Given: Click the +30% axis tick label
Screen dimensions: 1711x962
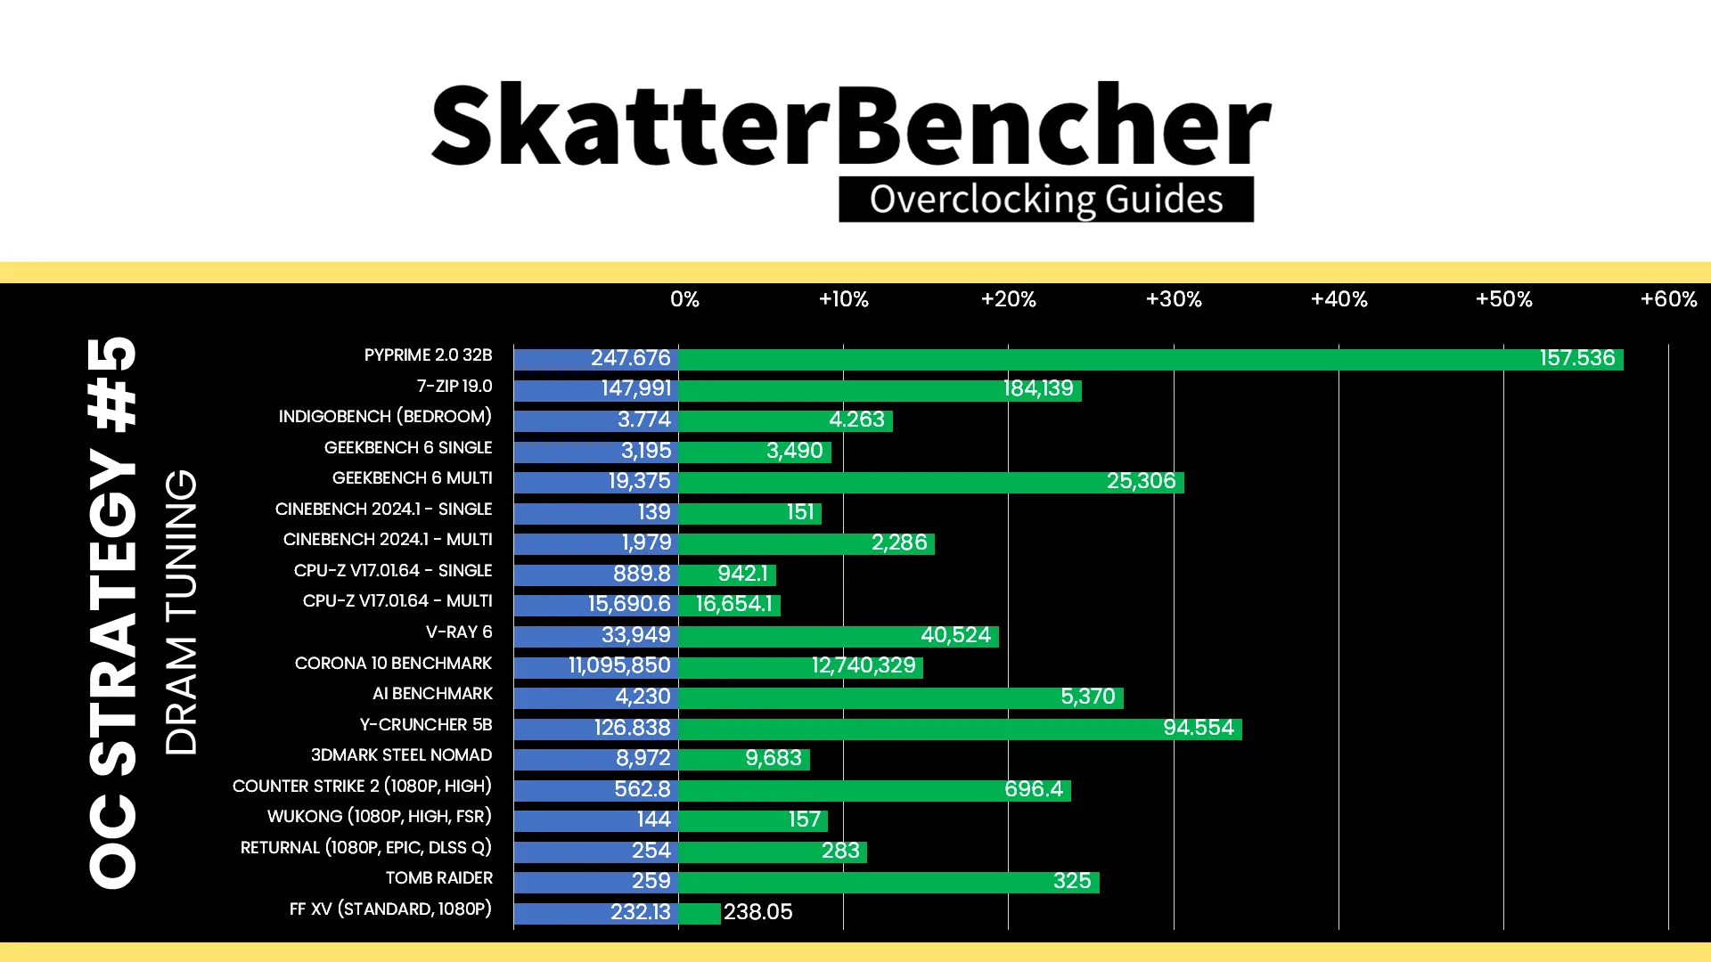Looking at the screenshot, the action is click(x=1174, y=299).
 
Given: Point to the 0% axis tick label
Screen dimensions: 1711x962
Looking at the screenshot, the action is click(x=684, y=299).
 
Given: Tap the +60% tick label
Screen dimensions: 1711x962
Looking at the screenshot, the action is click(x=1669, y=299).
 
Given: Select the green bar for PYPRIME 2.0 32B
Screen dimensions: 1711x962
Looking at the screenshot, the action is click(x=1150, y=359).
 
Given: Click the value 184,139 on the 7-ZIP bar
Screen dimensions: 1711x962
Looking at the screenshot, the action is click(x=1038, y=388).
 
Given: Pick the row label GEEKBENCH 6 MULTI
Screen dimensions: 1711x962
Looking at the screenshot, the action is click(x=412, y=478).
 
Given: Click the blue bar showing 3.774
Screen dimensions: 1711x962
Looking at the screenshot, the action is click(x=596, y=420).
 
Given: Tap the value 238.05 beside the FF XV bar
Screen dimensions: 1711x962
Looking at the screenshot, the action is click(x=757, y=912).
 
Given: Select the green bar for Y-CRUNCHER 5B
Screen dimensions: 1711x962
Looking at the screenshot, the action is click(x=960, y=729).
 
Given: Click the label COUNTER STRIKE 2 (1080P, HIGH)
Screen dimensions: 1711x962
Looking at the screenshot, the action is click(x=362, y=787).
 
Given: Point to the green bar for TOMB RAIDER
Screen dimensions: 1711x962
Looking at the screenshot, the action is click(x=888, y=883).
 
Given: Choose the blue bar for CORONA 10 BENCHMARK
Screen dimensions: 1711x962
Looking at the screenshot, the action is click(x=596, y=667).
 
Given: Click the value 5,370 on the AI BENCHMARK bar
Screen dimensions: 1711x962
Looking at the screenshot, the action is click(x=1087, y=697).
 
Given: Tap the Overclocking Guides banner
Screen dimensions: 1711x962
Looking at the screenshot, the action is click(x=1046, y=200).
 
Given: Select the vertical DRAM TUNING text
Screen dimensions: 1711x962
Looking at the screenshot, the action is click(x=181, y=612).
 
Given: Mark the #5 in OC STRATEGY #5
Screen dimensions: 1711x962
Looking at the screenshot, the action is click(x=113, y=384).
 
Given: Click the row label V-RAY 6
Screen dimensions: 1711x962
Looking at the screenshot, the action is click(x=459, y=632).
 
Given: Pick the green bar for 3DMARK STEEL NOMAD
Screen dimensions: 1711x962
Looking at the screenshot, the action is click(x=744, y=760).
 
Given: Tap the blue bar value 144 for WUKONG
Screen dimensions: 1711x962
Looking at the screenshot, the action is click(x=653, y=819).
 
